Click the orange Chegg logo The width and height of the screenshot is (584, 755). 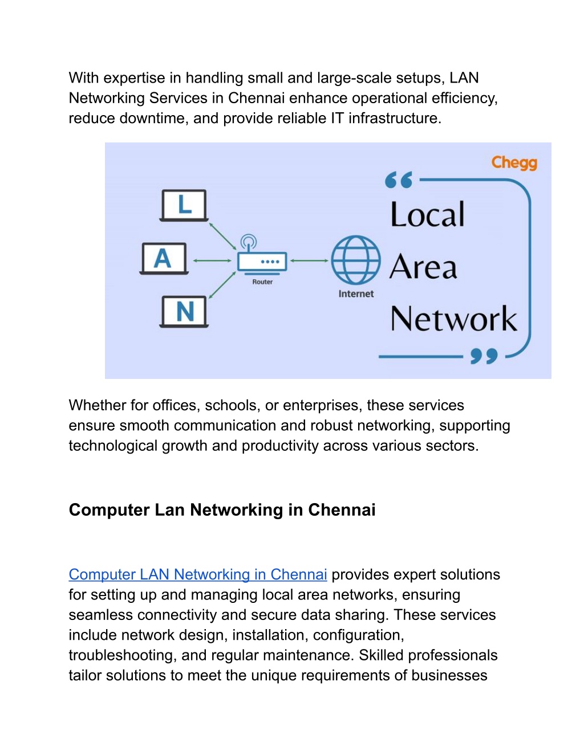coord(514,163)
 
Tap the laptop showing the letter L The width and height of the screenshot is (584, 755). coord(184,205)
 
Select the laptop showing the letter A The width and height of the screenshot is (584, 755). coord(164,259)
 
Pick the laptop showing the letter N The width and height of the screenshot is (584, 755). coord(184,312)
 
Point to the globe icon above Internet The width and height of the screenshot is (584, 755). coord(356,260)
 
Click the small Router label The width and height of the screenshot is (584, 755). coord(262,282)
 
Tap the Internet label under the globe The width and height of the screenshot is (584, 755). coord(356,294)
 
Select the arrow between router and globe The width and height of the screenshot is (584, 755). coord(309,260)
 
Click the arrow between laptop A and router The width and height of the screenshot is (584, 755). coord(212,260)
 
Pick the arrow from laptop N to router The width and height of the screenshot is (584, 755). coord(222,285)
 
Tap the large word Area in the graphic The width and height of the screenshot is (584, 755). coord(423,267)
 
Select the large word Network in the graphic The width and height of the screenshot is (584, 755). coord(453,319)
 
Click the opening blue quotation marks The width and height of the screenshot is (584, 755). coord(399,179)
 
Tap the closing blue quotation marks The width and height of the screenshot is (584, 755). coord(484,356)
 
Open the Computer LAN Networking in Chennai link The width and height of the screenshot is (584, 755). coord(198,574)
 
